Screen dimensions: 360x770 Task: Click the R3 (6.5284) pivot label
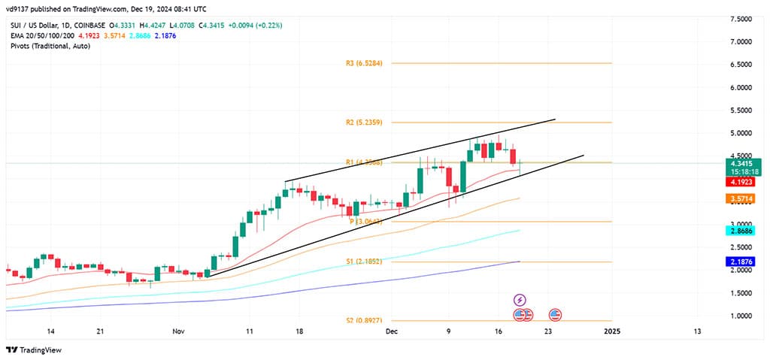[365, 64]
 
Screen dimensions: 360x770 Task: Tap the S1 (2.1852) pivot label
[365, 262]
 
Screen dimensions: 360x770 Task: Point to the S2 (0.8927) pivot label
[365, 320]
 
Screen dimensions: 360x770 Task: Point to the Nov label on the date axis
[178, 331]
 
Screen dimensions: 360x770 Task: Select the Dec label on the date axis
[390, 331]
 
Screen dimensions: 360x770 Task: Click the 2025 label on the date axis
[611, 331]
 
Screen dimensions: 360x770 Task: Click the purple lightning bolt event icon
[519, 300]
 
